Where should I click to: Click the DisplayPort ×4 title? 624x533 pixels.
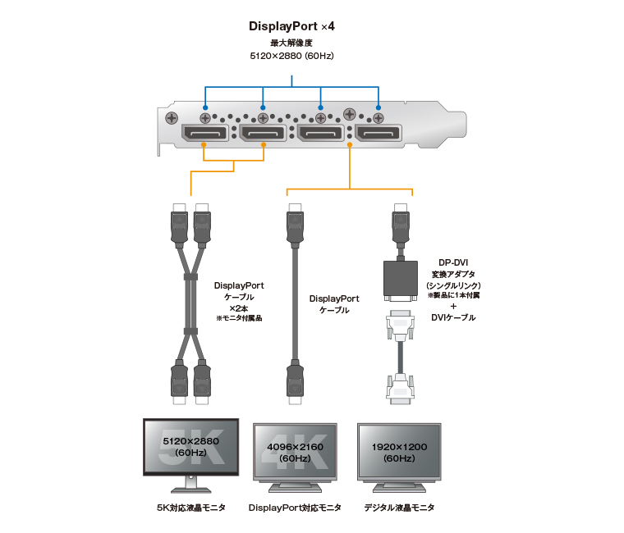tap(291, 26)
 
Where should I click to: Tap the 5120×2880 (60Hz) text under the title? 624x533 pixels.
tap(291, 56)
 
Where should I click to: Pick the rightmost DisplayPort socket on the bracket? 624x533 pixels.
tap(378, 133)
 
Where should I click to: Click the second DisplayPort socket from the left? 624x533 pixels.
tap(263, 133)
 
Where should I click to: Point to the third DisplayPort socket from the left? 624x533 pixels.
tap(320, 133)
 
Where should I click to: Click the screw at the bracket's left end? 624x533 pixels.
tap(172, 118)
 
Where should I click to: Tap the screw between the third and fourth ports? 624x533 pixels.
tap(349, 114)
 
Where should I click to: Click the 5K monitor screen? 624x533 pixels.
tap(190, 447)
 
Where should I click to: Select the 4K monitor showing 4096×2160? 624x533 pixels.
tap(294, 452)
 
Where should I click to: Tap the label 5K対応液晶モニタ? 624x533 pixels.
tap(190, 508)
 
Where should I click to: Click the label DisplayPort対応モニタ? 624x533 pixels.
tap(294, 508)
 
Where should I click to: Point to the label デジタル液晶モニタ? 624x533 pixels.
tap(400, 508)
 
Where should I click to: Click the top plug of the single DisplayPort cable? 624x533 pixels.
tap(295, 226)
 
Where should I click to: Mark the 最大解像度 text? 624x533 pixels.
tap(291, 43)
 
